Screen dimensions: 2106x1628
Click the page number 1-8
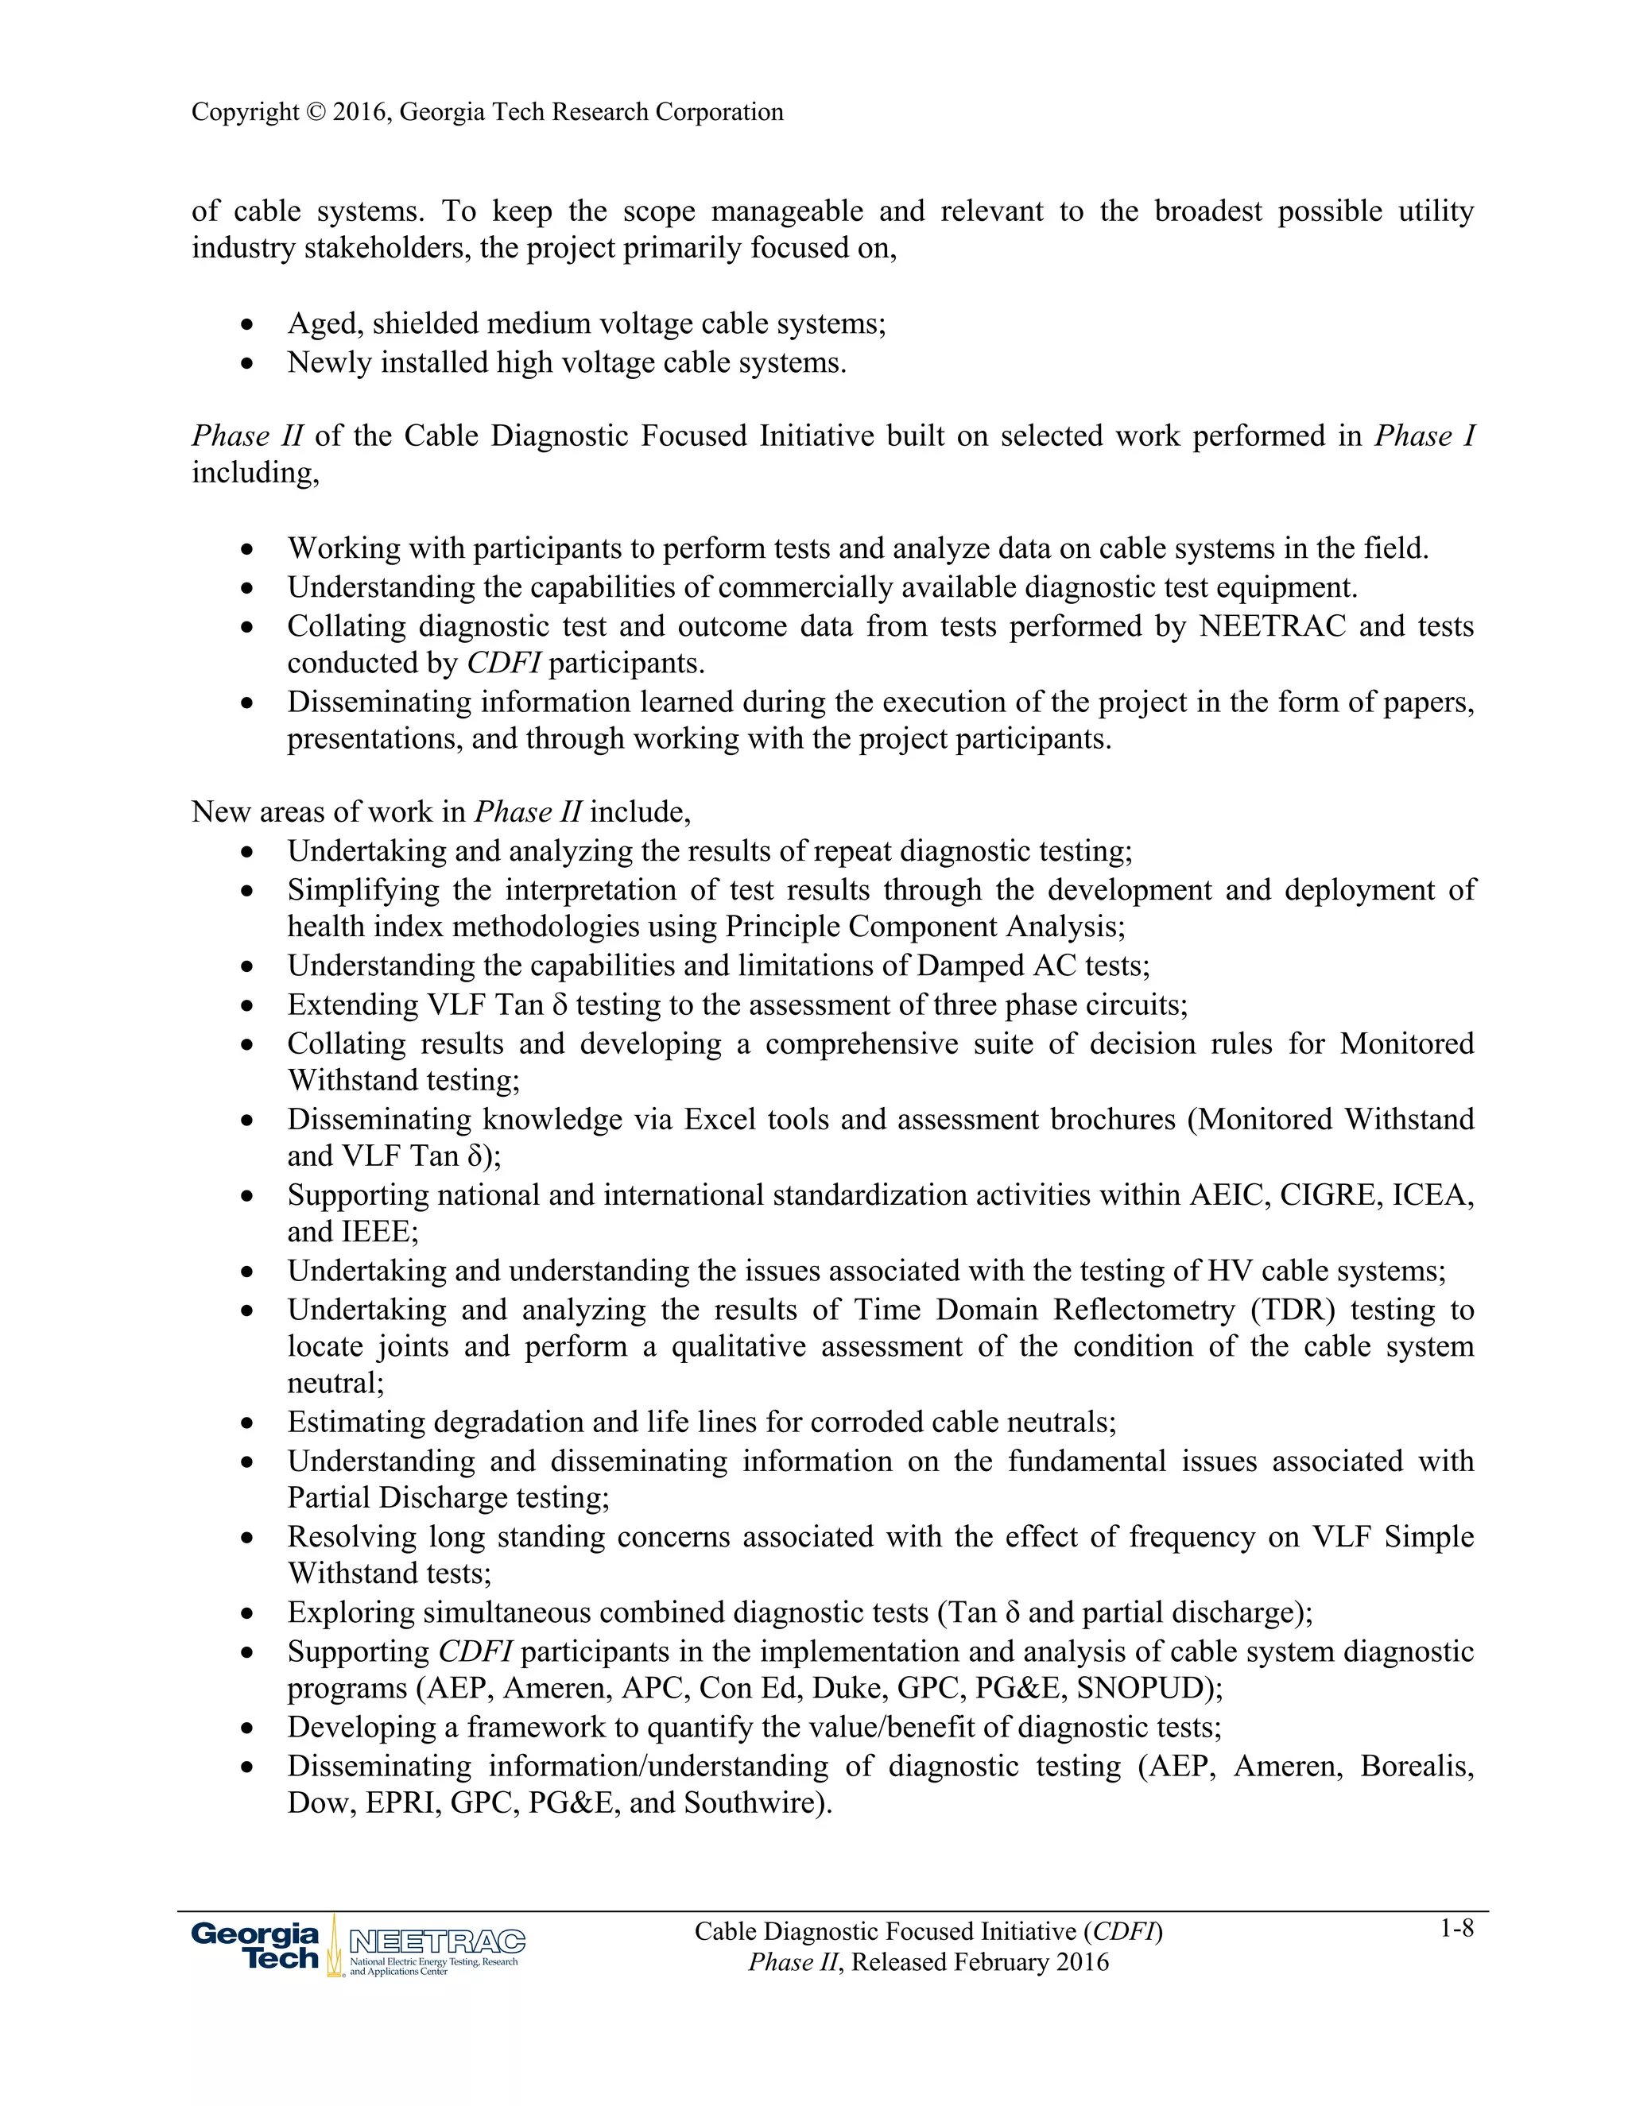[x=1456, y=1929]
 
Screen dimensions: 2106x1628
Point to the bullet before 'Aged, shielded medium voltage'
[x=249, y=325]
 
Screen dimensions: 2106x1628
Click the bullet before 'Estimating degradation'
[x=249, y=1423]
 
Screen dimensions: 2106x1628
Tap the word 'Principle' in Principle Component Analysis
[x=783, y=927]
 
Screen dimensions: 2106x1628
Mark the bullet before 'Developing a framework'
[x=249, y=1728]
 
